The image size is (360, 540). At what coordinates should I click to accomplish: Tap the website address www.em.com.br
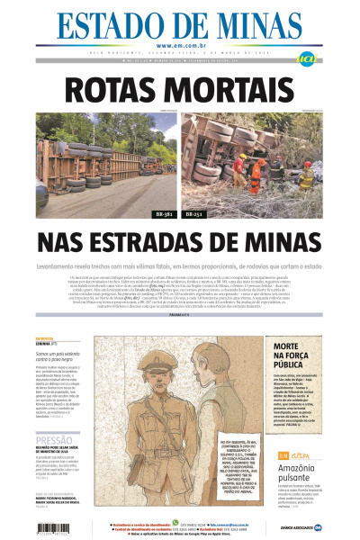pyautogui.click(x=180, y=46)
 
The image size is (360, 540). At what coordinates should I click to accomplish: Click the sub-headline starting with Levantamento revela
pyautogui.click(x=180, y=266)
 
